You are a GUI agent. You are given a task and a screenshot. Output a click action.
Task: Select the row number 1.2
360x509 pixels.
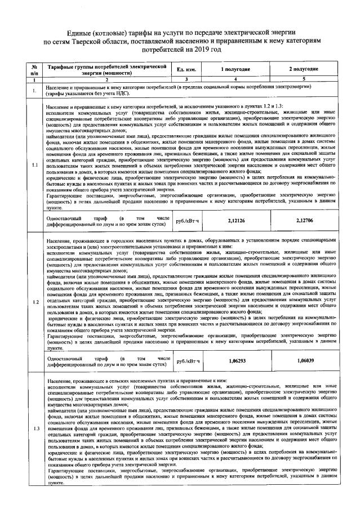pos(35,302)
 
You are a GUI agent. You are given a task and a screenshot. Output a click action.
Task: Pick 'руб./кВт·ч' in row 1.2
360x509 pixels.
pos(185,360)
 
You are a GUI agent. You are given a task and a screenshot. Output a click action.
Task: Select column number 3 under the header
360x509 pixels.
pos(185,80)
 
